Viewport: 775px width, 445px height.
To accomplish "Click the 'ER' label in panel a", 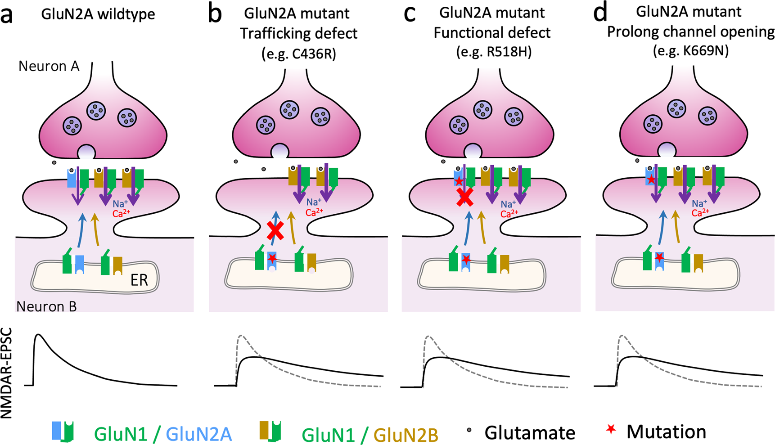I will [x=139, y=280].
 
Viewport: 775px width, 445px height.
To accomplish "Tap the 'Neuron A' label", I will [x=49, y=67].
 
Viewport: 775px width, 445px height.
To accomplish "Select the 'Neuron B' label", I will [x=46, y=306].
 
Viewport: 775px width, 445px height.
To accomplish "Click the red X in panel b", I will [x=275, y=230].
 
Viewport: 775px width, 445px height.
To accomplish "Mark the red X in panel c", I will [x=465, y=197].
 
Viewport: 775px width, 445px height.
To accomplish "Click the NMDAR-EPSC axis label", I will [x=7, y=373].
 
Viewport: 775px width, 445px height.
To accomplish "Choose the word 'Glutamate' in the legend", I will [x=529, y=433].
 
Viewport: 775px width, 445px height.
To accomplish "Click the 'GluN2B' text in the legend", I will [x=406, y=435].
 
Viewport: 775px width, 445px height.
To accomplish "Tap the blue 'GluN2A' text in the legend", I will [x=199, y=435].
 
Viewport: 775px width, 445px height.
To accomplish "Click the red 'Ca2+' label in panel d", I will [x=700, y=212].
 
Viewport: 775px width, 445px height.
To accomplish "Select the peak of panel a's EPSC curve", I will [x=39, y=335].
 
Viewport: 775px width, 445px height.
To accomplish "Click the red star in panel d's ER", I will [x=659, y=257].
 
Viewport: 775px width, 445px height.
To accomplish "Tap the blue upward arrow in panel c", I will [x=469, y=227].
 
